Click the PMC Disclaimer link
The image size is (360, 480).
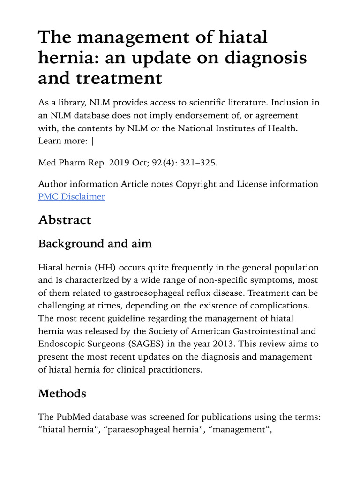(x=71, y=197)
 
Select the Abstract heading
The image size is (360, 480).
(x=65, y=220)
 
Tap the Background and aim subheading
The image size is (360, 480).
(x=95, y=244)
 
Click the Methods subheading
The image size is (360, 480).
(x=62, y=393)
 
